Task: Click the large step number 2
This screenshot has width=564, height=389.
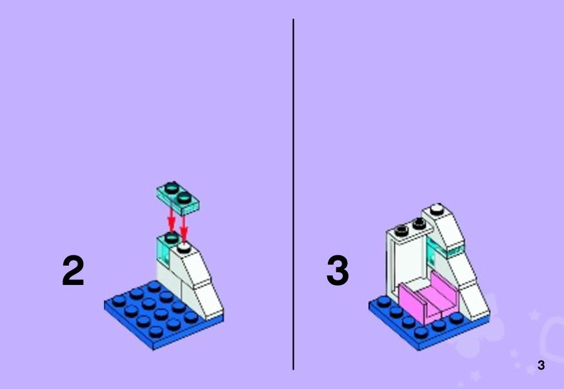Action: point(73,270)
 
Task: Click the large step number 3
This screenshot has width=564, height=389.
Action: point(337,270)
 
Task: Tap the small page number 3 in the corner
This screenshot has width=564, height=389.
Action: point(541,365)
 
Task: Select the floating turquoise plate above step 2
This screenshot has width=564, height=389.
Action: point(177,198)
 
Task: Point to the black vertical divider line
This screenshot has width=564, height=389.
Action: point(293,194)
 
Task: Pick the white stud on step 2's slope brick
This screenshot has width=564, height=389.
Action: point(184,247)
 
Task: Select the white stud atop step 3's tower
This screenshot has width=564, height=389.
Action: point(437,209)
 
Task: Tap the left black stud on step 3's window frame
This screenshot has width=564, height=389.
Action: point(401,230)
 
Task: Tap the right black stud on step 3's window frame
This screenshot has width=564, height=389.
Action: point(419,224)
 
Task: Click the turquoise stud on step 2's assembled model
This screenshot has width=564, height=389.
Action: point(172,238)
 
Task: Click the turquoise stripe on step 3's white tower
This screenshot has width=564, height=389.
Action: point(446,249)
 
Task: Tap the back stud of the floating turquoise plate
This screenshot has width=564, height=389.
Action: point(172,187)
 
